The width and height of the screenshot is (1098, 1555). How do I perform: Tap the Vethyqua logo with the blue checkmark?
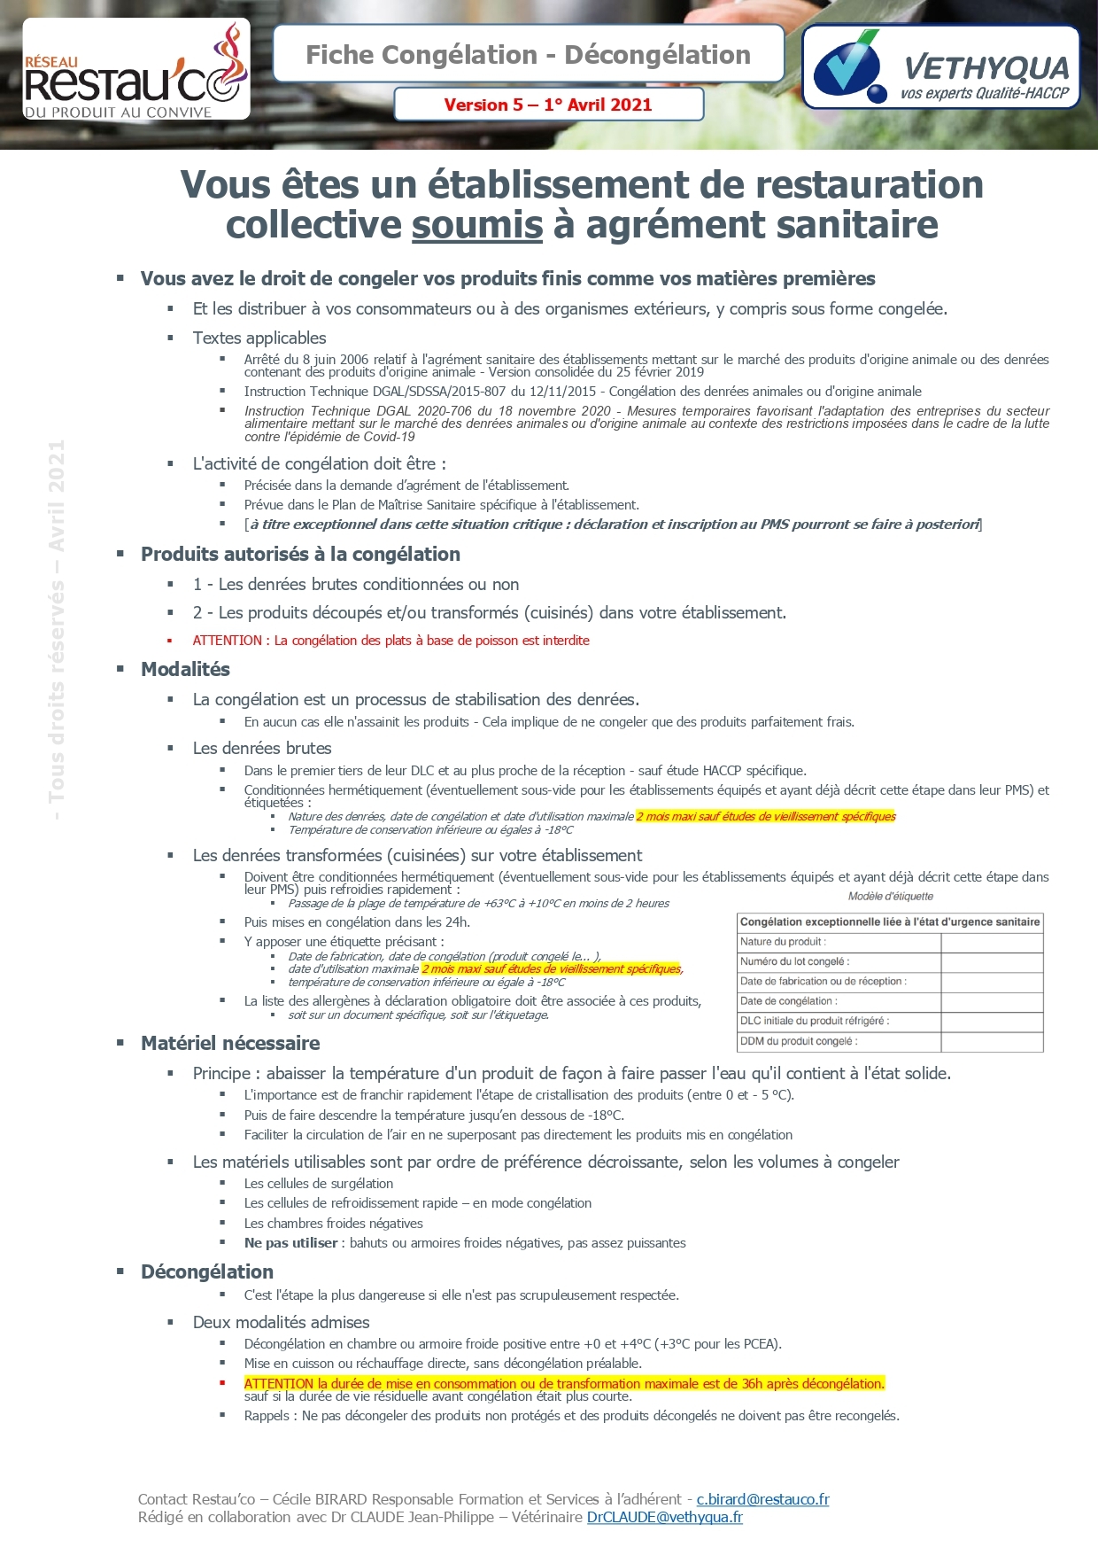coord(940,67)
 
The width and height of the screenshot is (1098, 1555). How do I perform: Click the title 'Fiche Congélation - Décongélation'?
coord(528,55)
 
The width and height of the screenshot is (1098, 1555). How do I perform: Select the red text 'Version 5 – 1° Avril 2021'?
coord(548,105)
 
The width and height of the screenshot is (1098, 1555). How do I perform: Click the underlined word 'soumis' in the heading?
coord(477,225)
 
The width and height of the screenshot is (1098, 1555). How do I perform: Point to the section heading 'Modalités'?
coord(185,670)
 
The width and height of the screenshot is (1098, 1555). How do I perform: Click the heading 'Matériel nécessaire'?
coord(230,1044)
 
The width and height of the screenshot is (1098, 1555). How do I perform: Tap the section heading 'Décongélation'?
coord(207,1272)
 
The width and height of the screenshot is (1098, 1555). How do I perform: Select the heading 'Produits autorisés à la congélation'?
coord(300,555)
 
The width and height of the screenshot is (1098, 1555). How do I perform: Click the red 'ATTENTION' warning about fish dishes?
coord(390,641)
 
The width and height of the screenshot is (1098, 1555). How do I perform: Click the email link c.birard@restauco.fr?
coord(762,1499)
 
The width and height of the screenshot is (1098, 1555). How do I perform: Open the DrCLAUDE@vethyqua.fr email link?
coord(664,1517)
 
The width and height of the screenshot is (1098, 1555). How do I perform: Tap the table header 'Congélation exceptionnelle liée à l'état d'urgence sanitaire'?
coord(890,922)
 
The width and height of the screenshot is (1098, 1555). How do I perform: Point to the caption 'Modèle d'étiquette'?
coord(890,897)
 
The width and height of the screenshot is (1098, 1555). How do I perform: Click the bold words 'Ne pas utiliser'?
coord(290,1243)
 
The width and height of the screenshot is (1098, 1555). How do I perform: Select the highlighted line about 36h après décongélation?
coord(564,1384)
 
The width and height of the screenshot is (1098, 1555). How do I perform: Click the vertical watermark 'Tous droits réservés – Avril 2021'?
coord(57,629)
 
